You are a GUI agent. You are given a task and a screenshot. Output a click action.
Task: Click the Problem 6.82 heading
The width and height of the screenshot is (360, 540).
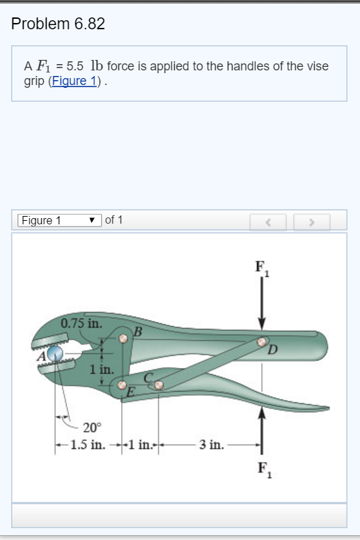[x=58, y=24]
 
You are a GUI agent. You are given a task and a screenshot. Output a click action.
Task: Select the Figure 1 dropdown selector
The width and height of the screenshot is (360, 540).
[x=58, y=221]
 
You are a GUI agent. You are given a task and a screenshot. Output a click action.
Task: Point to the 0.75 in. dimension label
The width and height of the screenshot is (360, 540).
[x=81, y=323]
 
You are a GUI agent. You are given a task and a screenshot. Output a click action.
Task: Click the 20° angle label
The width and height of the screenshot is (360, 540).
[x=92, y=427]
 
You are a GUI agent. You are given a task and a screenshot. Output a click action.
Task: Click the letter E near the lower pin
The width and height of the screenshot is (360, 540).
[x=130, y=394]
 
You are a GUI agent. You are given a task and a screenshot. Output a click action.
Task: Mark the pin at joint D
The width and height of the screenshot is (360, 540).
[x=262, y=342]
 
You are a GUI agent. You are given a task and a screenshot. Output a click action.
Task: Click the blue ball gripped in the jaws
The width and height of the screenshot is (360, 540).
[x=55, y=355]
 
